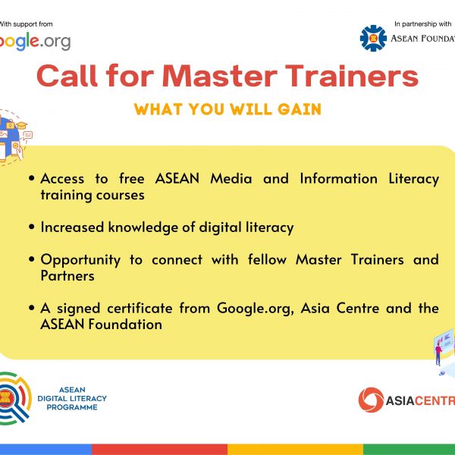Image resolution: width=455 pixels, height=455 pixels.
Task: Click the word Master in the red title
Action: [x=219, y=76]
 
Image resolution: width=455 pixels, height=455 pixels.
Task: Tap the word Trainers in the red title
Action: [x=352, y=76]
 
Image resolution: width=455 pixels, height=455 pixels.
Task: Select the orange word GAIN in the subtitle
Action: [x=300, y=109]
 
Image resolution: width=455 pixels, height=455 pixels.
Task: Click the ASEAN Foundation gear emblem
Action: [x=373, y=38]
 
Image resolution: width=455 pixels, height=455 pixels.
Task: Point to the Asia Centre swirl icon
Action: [x=371, y=400]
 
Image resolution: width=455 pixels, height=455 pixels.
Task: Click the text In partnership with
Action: [x=423, y=24]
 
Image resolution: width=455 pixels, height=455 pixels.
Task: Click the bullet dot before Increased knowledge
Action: [x=32, y=227]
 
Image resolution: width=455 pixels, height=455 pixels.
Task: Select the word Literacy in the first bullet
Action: [x=414, y=179]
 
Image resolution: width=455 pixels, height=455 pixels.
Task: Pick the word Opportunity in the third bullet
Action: [x=80, y=260]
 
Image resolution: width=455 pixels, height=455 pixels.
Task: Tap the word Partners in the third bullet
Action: [x=67, y=276]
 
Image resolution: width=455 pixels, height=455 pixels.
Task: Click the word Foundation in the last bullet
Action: [x=125, y=325]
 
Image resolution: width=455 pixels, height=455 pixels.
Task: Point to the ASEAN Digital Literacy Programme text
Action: [x=72, y=398]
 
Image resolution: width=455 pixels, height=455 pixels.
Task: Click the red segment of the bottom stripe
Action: [x=159, y=449]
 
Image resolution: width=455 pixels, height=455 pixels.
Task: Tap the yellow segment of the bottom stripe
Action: [x=295, y=449]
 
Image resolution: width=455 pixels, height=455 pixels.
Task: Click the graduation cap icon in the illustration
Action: [x=21, y=125]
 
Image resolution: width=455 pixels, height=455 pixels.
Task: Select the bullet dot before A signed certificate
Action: [x=32, y=308]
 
